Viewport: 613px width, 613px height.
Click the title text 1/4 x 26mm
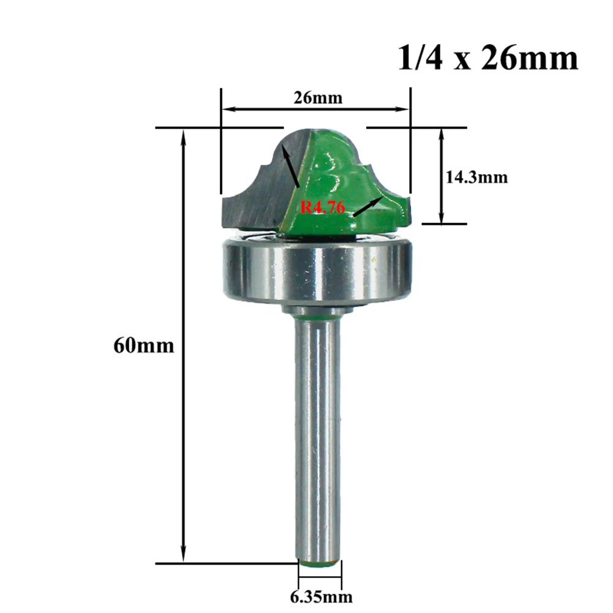[x=487, y=59]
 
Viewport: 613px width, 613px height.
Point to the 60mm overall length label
[x=143, y=346]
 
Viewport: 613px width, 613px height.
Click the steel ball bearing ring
[x=315, y=269]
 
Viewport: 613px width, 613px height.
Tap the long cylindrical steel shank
[x=319, y=429]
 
